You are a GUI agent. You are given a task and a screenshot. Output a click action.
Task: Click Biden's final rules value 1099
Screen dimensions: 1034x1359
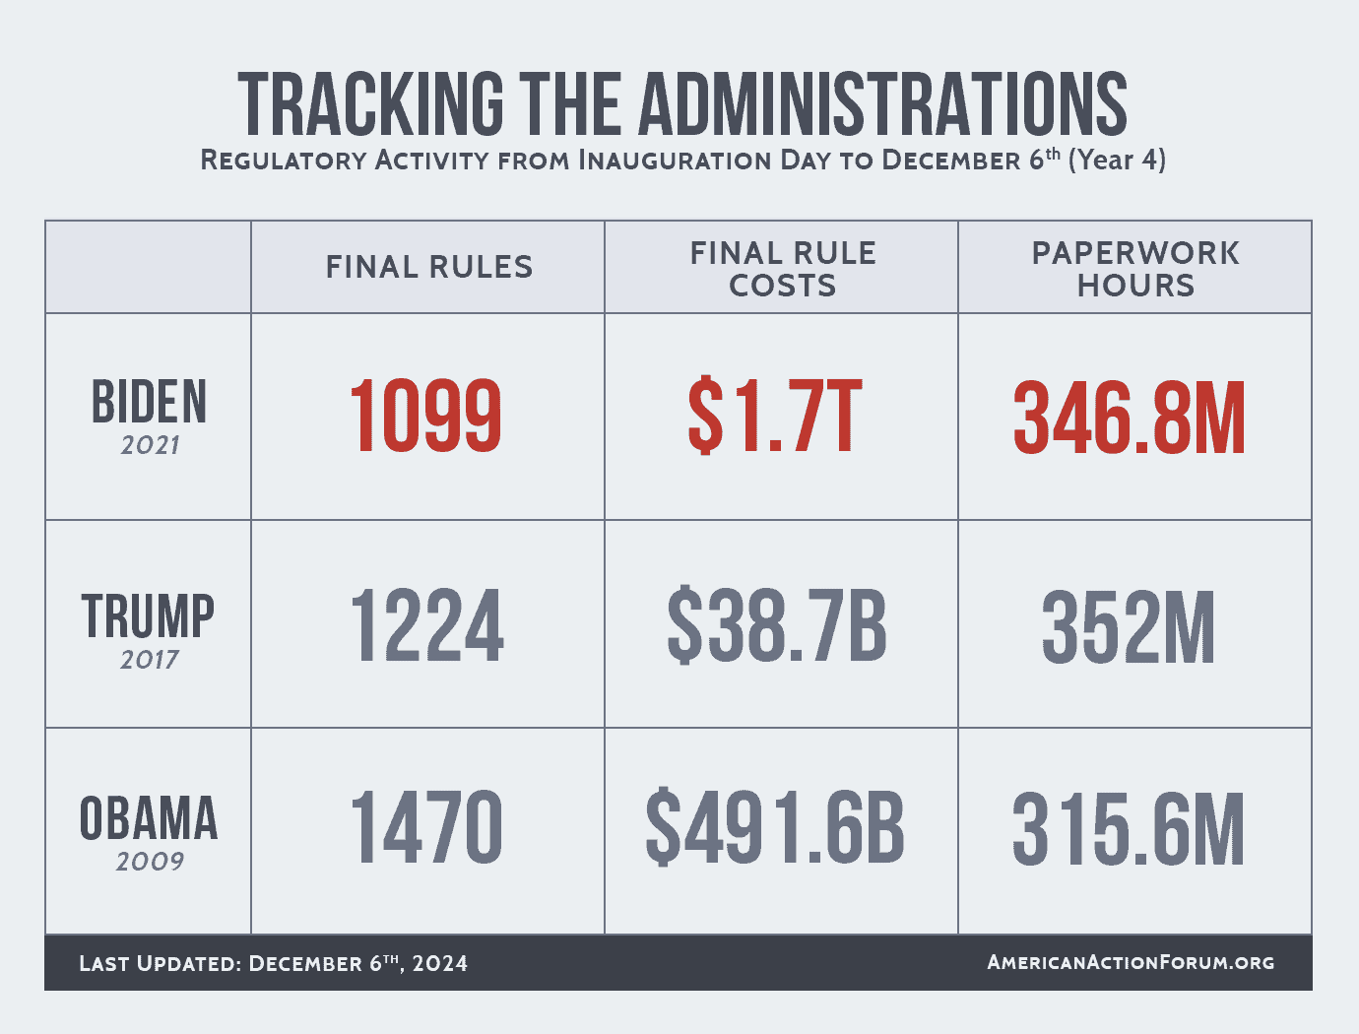click(425, 418)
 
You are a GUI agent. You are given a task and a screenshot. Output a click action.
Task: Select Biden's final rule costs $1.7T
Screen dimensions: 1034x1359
click(775, 418)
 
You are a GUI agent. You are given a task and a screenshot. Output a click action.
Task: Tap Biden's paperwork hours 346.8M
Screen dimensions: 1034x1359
click(1130, 418)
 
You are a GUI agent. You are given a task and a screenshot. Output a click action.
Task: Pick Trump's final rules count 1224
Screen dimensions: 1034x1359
click(426, 625)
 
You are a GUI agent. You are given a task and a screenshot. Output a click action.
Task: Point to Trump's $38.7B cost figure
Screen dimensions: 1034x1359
click(777, 625)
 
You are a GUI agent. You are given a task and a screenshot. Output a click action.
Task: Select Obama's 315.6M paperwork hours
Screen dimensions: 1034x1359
click(1129, 829)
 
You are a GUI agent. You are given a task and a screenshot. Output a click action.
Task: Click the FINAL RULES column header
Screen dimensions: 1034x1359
click(429, 267)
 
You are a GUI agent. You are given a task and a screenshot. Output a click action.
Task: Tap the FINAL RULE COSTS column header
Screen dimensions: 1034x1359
click(783, 269)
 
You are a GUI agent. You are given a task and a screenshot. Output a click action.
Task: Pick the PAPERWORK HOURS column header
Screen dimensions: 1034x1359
click(1135, 269)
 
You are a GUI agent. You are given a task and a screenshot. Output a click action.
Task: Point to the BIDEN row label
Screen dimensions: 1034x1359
click(150, 402)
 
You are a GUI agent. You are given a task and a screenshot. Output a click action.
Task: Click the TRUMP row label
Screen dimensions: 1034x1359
click(149, 616)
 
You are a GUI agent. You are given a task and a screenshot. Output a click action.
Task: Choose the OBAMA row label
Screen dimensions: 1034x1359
click(149, 819)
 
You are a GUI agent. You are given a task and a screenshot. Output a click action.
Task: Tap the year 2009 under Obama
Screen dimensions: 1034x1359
click(150, 862)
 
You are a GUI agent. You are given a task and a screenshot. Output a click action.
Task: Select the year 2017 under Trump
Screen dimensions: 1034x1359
click(150, 660)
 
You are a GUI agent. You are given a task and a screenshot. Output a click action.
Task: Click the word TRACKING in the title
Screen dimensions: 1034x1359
click(370, 103)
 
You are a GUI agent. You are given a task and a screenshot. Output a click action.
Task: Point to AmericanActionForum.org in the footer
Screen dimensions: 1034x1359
click(1131, 962)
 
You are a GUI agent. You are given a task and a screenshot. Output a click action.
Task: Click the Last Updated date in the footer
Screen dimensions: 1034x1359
click(357, 963)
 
